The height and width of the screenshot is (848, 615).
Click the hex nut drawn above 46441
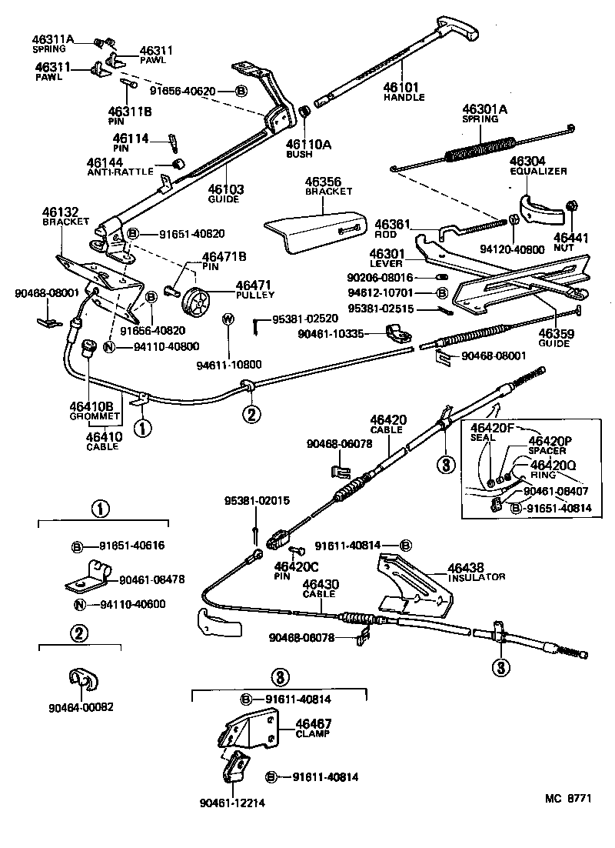(571, 205)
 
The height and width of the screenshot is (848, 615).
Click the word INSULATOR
(476, 576)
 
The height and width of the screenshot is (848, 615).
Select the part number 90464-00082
(81, 706)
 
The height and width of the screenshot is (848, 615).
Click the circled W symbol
(228, 319)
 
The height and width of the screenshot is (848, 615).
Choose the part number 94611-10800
(229, 364)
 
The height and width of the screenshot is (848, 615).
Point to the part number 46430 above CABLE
(319, 584)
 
